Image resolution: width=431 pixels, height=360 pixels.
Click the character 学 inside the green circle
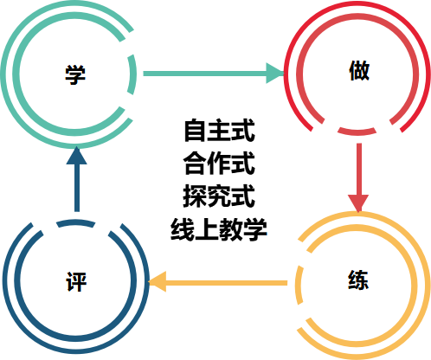pos(75,74)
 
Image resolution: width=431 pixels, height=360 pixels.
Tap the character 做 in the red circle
pos(359,70)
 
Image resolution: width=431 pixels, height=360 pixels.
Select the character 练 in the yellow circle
pos(358,280)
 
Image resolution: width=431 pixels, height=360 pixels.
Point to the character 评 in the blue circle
pos(76,281)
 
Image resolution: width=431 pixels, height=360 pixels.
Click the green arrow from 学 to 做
pos(214,74)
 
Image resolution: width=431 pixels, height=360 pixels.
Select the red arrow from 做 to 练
pos(358,177)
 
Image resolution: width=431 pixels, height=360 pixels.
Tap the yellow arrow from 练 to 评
pos(218,282)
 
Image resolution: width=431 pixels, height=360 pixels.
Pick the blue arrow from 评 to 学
pos(77,179)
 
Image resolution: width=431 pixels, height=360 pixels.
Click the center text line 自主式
pos(220,131)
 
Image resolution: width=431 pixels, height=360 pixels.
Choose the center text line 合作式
pos(219,164)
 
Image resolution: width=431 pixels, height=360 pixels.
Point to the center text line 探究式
pos(219,196)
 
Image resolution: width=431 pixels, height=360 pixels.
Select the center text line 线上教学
pos(219,229)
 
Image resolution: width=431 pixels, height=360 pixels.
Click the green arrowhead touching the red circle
pos(275,74)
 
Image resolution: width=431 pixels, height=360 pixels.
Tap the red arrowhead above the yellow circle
pos(358,203)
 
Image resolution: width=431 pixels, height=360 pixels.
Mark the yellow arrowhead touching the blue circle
pos(158,282)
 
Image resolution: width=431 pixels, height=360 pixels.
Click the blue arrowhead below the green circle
pos(77,155)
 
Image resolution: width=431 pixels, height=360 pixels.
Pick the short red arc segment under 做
pos(357,132)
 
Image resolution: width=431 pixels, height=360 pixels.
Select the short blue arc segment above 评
pos(75,222)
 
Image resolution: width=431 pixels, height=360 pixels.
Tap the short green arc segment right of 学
pos(132,74)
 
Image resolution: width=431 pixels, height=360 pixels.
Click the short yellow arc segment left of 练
pos(299,285)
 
